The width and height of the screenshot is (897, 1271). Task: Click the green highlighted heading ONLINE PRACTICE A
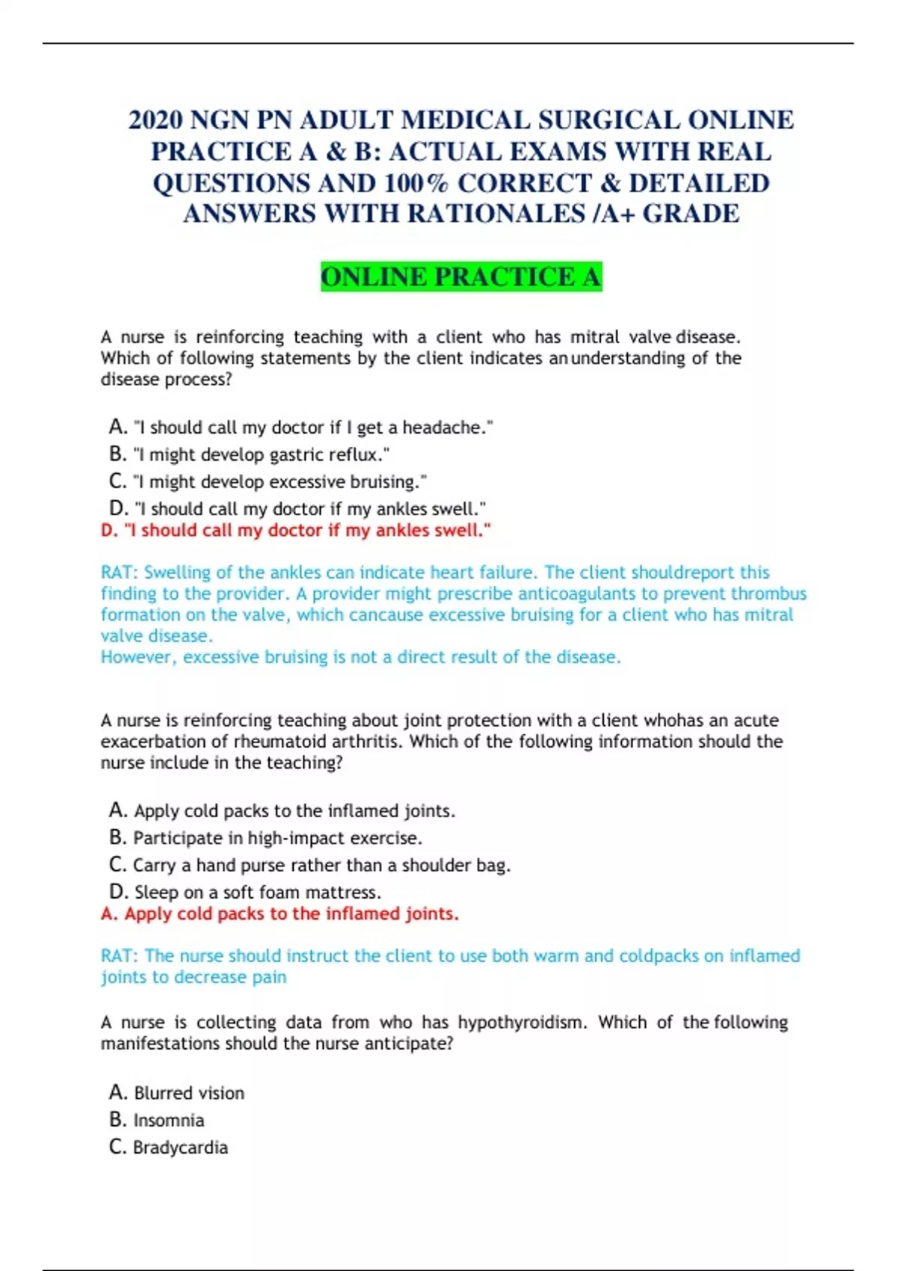pyautogui.click(x=461, y=277)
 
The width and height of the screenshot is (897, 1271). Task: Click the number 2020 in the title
pyautogui.click(x=155, y=120)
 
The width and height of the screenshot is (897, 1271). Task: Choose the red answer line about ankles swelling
pyautogui.click(x=296, y=530)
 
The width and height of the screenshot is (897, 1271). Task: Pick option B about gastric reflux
pyautogui.click(x=250, y=455)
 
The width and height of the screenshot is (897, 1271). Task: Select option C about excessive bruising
pyautogui.click(x=268, y=481)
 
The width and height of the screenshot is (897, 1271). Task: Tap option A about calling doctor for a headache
pyautogui.click(x=301, y=428)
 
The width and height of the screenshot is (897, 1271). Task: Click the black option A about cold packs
pyautogui.click(x=283, y=810)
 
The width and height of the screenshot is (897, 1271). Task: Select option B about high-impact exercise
pyautogui.click(x=266, y=838)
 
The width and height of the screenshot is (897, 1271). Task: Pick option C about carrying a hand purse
pyautogui.click(x=310, y=865)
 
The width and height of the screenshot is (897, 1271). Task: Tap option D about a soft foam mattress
pyautogui.click(x=245, y=892)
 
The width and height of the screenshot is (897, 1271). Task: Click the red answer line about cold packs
pyautogui.click(x=280, y=914)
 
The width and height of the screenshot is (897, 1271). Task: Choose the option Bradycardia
pyautogui.click(x=169, y=1148)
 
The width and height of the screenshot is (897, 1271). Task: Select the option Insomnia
pyautogui.click(x=157, y=1120)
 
